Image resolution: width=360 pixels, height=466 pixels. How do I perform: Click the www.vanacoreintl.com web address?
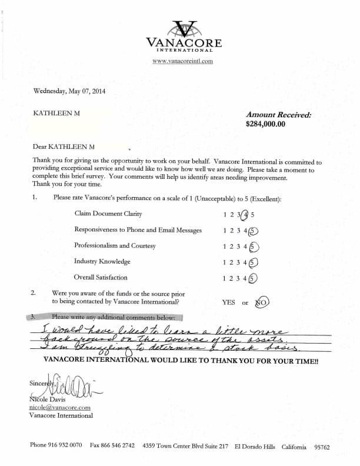click(182, 61)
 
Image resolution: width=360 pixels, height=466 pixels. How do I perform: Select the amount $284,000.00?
click(265, 124)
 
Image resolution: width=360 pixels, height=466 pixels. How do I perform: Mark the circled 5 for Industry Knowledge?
click(254, 262)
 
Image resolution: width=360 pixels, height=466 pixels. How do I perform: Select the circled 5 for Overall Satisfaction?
click(254, 278)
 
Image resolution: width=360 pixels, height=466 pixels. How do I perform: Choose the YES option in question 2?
click(229, 302)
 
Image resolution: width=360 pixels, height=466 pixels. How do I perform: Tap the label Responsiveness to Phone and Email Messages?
click(138, 230)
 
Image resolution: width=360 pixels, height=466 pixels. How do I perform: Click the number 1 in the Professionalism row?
click(225, 246)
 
